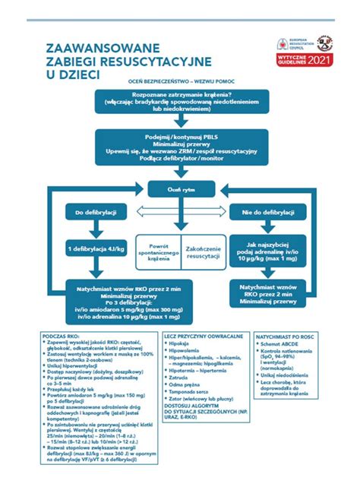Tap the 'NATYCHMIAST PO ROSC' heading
(x=285, y=335)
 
